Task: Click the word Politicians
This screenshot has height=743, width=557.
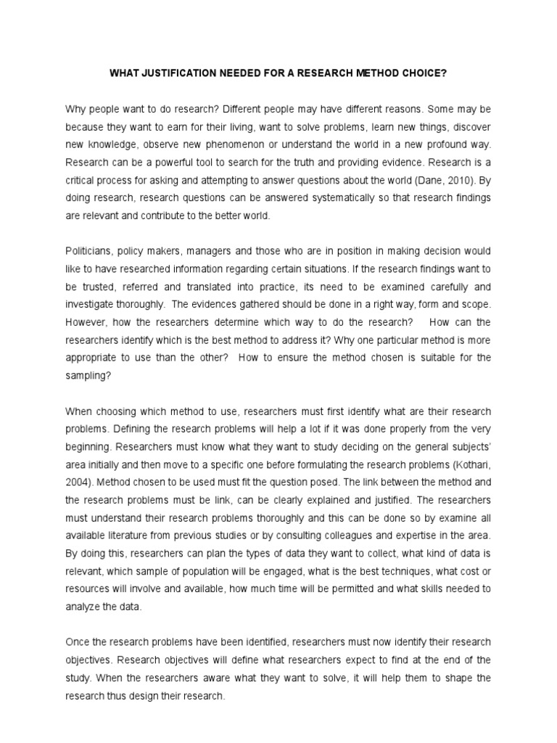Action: pos(91,252)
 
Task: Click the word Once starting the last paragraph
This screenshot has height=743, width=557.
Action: pos(78,643)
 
